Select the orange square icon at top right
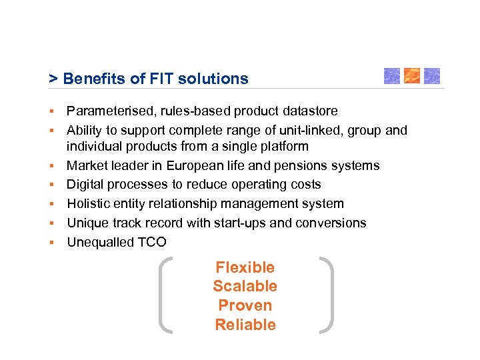(x=412, y=75)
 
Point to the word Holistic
(x=89, y=203)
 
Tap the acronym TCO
(x=152, y=242)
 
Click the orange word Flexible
(x=245, y=267)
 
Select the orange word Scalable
(x=245, y=287)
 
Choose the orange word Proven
(x=245, y=306)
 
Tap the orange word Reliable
(x=245, y=325)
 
